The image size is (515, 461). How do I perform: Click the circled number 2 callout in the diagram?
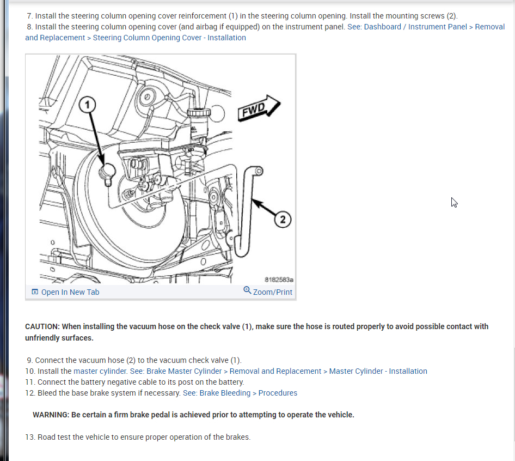[283, 220]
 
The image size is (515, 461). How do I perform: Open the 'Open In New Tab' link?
[70, 292]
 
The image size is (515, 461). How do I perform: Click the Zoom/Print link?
[272, 292]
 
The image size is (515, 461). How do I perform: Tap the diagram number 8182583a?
[279, 280]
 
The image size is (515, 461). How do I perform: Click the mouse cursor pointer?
[453, 202]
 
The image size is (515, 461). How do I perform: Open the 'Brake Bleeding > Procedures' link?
[240, 393]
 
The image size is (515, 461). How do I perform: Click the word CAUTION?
[42, 326]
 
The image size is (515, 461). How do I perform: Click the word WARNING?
[51, 415]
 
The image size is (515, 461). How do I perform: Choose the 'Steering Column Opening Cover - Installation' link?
[169, 38]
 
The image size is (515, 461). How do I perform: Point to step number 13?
[30, 437]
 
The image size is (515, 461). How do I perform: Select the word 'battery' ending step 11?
[231, 382]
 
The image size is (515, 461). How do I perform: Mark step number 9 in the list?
[30, 360]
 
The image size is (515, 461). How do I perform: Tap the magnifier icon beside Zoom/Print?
[248, 291]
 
